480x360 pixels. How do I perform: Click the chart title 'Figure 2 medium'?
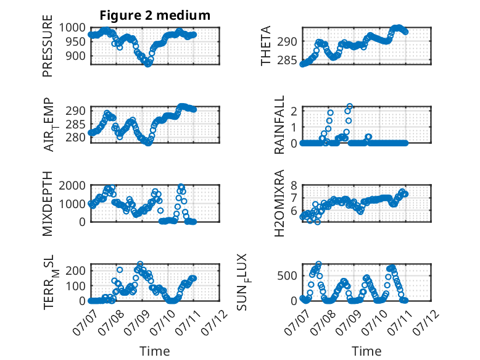pyautogui.click(x=155, y=15)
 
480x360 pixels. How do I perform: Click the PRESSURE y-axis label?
pyautogui.click(x=48, y=46)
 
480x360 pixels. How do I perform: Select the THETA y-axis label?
pyautogui.click(x=266, y=46)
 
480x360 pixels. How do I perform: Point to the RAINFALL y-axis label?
pyautogui.click(x=279, y=125)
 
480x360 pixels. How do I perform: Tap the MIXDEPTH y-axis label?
pyautogui.click(x=48, y=204)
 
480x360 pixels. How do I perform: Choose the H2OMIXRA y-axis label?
pyautogui.click(x=279, y=203)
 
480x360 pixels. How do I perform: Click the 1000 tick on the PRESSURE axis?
pyautogui.click(x=72, y=28)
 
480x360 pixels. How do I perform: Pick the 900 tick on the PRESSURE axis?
pyautogui.click(x=76, y=56)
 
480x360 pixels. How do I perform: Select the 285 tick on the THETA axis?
pyautogui.click(x=287, y=61)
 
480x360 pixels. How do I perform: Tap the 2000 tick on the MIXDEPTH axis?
pyautogui.click(x=72, y=185)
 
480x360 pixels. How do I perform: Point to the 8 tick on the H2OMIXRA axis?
pyautogui.click(x=294, y=185)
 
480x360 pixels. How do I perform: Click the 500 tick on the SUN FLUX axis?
pyautogui.click(x=287, y=276)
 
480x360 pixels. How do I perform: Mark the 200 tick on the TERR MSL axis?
pyautogui.click(x=76, y=270)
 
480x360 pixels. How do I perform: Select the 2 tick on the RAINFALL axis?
pyautogui.click(x=294, y=111)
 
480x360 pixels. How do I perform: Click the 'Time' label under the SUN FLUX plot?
pyautogui.click(x=366, y=351)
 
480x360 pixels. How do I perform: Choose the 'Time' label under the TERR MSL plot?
pyautogui.click(x=155, y=351)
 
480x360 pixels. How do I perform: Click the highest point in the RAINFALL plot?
pyautogui.click(x=350, y=107)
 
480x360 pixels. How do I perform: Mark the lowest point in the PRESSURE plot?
pyautogui.click(x=148, y=64)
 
